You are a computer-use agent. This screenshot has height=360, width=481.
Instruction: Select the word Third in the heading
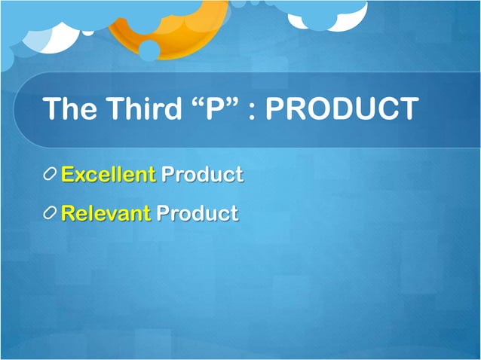146,108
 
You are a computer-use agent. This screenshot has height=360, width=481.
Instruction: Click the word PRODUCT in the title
342,108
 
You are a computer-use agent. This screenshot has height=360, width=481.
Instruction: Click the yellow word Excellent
108,175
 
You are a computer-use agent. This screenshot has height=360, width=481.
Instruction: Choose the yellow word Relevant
106,213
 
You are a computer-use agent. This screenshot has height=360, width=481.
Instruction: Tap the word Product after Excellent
202,175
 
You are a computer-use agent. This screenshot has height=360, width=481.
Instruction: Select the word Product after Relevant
198,213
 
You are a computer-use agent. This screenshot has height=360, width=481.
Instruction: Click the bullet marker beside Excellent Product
50,175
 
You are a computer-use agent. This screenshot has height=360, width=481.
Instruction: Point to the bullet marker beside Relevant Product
50,214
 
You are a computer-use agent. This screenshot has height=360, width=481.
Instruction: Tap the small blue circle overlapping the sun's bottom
149,50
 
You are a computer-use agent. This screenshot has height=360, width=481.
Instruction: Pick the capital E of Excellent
67,175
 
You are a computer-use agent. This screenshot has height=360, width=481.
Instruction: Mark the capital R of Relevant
68,213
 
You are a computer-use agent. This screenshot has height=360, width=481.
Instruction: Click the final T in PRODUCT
407,108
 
